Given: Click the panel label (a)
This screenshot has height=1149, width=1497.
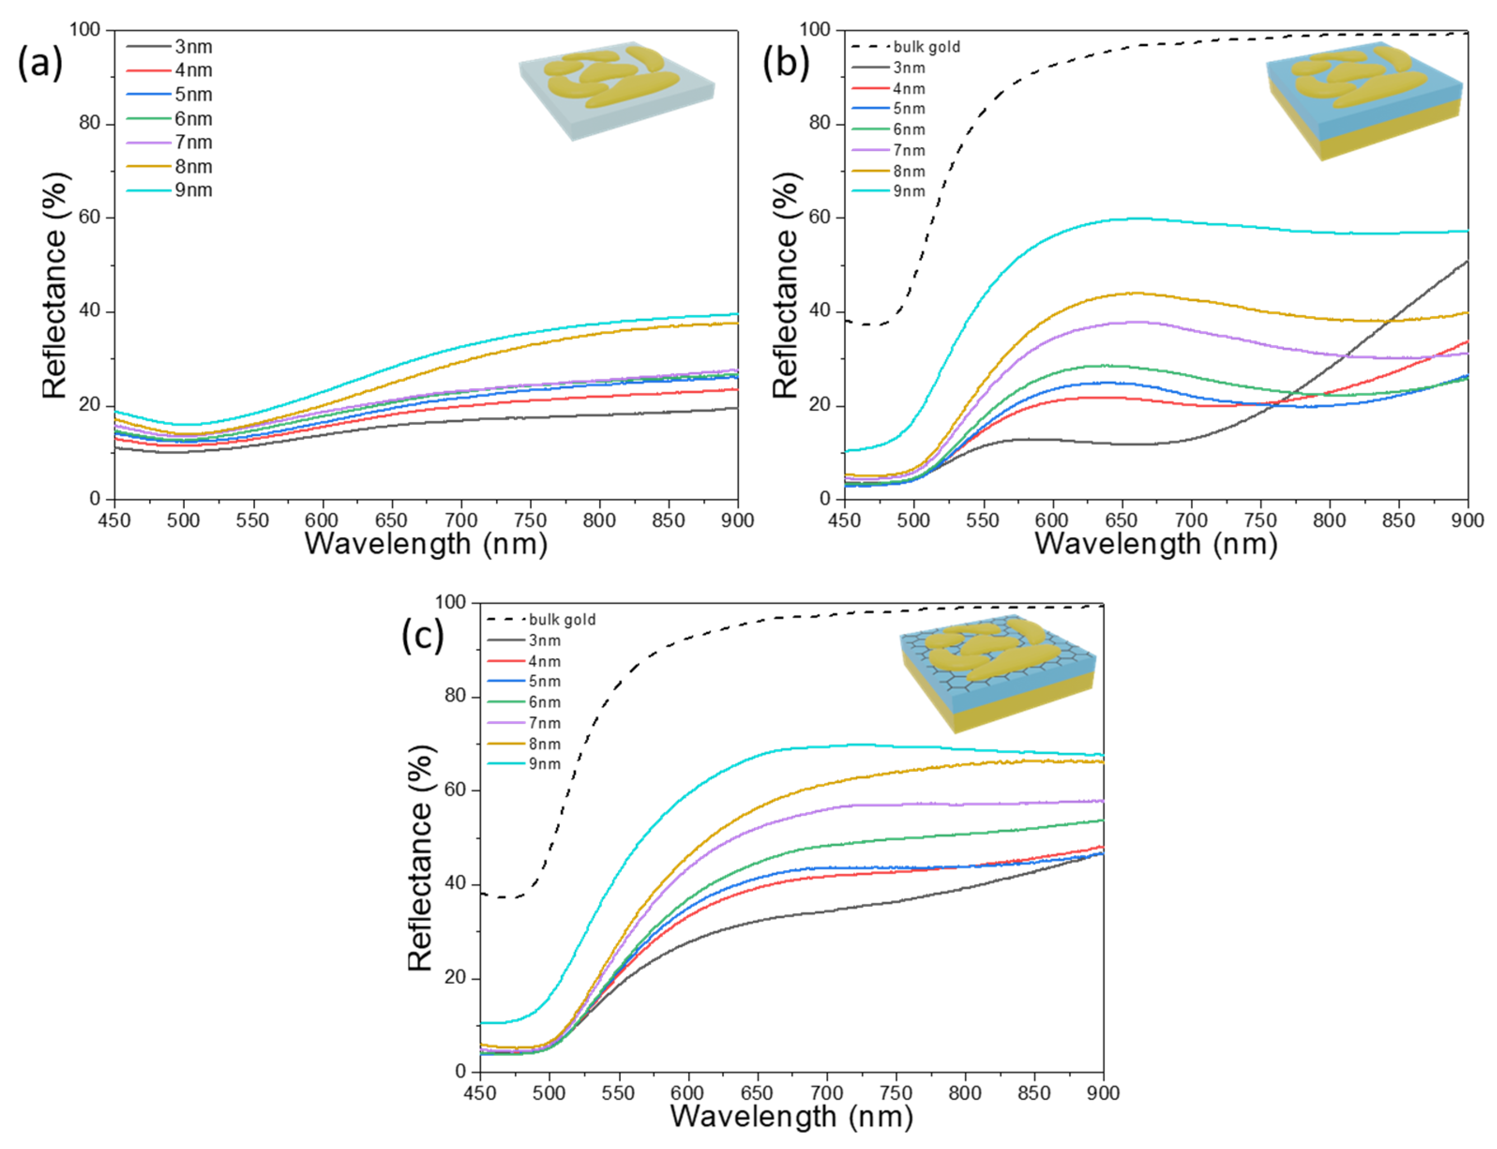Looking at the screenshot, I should click(40, 64).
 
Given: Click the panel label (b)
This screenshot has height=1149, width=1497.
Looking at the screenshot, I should click(786, 64).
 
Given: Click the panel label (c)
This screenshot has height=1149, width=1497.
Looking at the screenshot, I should click(422, 636).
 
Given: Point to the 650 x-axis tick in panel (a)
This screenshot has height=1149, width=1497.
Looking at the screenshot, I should click(391, 520).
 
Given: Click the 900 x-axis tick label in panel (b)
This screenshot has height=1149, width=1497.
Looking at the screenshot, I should click(1467, 520).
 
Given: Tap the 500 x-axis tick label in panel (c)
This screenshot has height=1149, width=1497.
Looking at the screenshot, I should click(549, 1093).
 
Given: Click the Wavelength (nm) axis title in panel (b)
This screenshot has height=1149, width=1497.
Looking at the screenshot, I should click(1156, 544).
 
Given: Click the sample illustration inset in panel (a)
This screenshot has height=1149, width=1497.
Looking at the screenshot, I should click(616, 92).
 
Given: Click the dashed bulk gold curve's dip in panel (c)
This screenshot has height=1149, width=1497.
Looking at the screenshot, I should click(504, 897).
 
